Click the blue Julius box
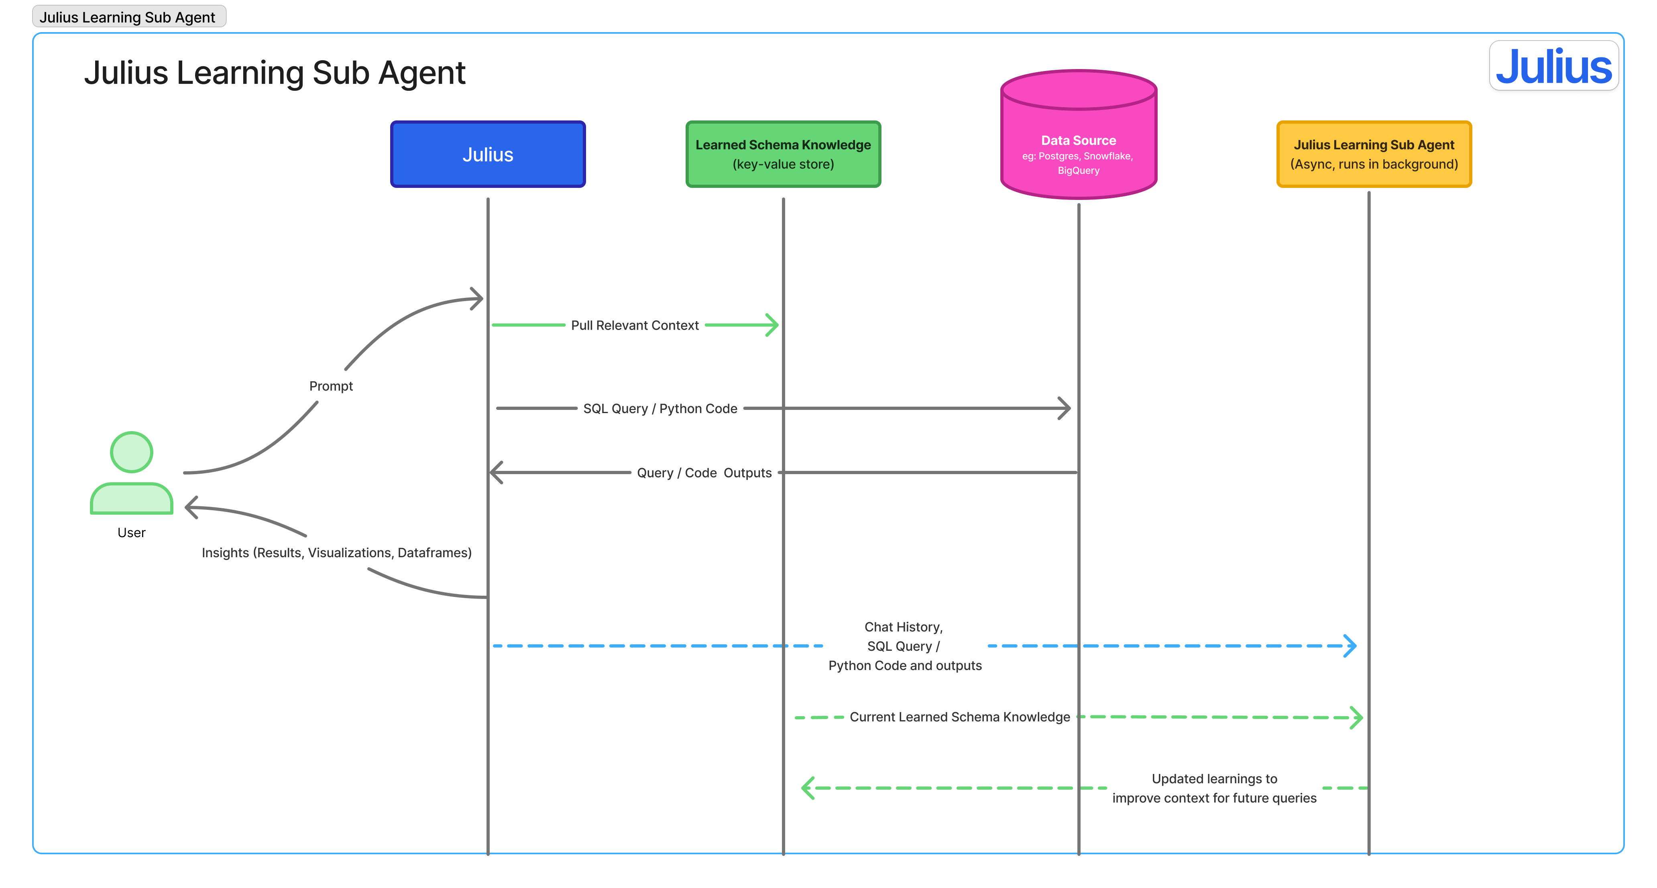point(488,155)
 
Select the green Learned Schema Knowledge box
point(783,155)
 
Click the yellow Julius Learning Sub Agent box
point(1373,155)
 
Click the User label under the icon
point(131,533)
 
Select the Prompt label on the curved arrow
point(331,386)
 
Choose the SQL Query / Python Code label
point(660,409)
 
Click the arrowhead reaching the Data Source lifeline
point(1065,408)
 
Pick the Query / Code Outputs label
point(704,473)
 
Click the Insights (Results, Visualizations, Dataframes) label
point(336,553)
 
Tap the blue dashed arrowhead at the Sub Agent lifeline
point(1350,646)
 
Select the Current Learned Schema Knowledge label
point(960,717)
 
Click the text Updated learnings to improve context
point(1214,788)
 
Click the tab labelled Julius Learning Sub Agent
point(128,17)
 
